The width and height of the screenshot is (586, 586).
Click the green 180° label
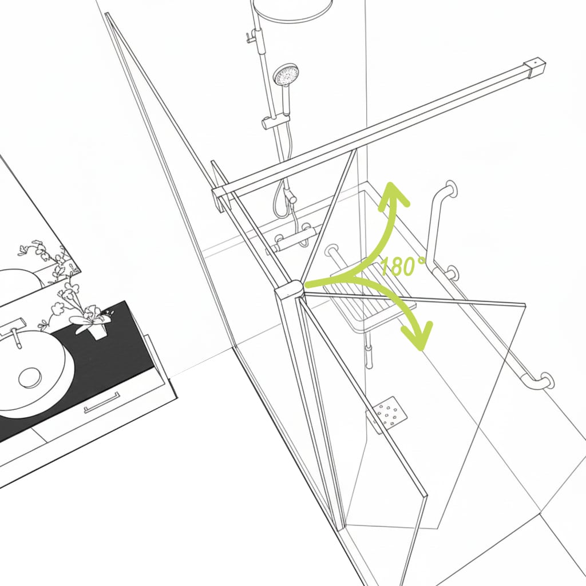402,266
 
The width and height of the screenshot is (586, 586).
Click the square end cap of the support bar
535,68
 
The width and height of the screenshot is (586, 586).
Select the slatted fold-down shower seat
370,295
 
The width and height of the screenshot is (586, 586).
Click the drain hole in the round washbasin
30,378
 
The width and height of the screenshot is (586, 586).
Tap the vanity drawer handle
102,402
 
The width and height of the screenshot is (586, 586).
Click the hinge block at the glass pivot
288,289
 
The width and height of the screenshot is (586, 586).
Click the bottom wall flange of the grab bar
547,380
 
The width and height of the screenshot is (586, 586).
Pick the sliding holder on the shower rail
276,122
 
